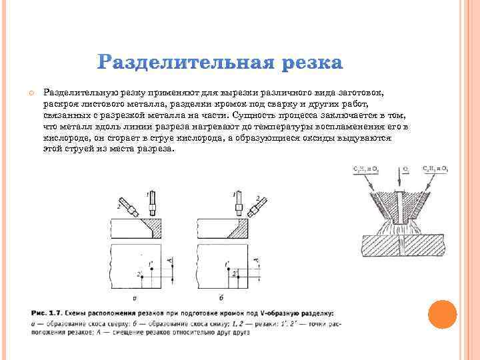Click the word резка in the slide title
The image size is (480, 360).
pos(312,64)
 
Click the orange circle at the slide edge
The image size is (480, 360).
pos(442,315)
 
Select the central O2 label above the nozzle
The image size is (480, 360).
pos(405,169)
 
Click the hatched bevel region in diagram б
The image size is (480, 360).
pos(235,229)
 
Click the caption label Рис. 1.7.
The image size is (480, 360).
pos(45,313)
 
